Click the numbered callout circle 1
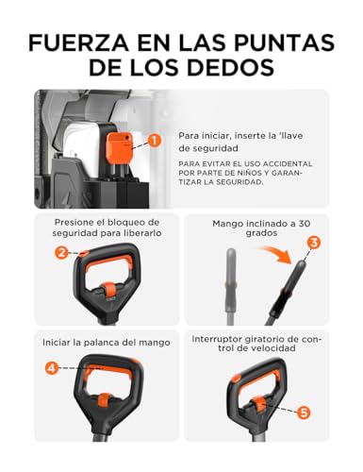click(x=154, y=141)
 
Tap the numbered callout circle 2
click(x=61, y=252)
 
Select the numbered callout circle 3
click(x=314, y=243)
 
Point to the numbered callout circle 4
click(x=52, y=368)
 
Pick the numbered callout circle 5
click(x=304, y=413)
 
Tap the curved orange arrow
click(x=276, y=255)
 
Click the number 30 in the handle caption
click(x=304, y=224)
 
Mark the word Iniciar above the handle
click(x=56, y=343)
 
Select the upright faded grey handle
click(x=231, y=286)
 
